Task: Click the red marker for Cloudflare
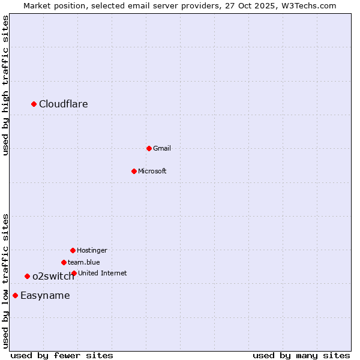click(x=34, y=104)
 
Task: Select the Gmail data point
click(x=149, y=148)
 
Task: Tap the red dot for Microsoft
click(x=134, y=171)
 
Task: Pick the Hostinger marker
click(x=73, y=250)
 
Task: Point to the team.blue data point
click(x=64, y=262)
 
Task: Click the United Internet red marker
click(x=74, y=273)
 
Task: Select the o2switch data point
click(x=27, y=276)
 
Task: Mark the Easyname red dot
click(x=15, y=295)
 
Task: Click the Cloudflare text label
click(x=64, y=104)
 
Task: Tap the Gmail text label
click(x=162, y=148)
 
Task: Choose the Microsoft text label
click(x=152, y=171)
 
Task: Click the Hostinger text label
click(x=92, y=250)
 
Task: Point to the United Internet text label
click(x=103, y=273)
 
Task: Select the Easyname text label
click(x=45, y=295)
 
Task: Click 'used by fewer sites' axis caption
click(x=62, y=355)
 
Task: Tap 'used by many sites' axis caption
click(x=301, y=355)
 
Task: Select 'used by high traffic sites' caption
click(x=6, y=85)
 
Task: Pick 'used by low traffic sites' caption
click(x=6, y=281)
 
